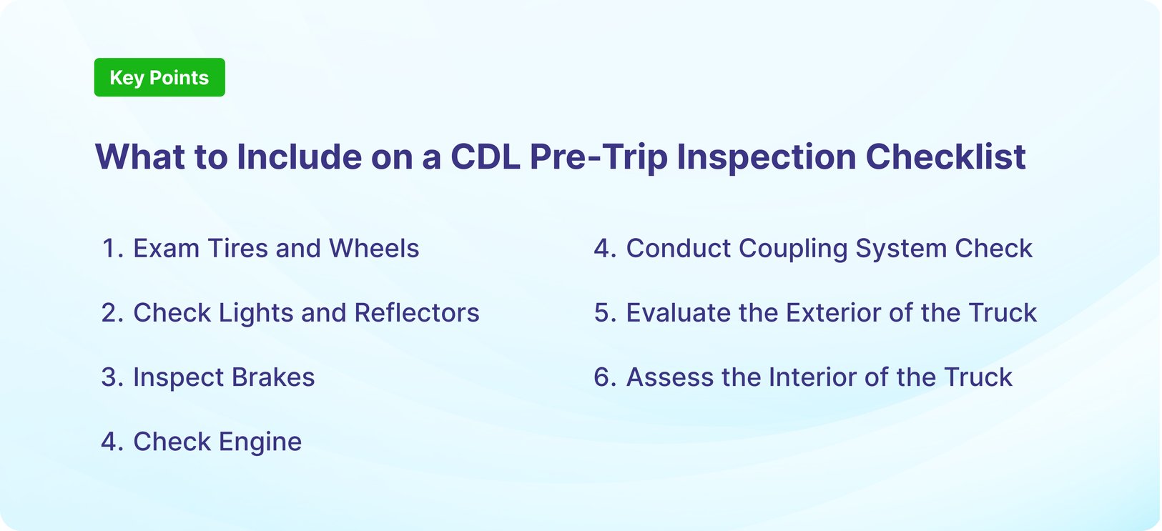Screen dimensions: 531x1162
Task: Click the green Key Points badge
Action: [159, 77]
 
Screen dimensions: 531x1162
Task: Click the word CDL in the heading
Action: [485, 157]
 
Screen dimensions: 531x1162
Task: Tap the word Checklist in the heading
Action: [945, 157]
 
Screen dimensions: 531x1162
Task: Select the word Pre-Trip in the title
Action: [598, 157]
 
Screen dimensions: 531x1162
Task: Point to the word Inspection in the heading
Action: [766, 157]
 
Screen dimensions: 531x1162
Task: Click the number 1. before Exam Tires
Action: [113, 249]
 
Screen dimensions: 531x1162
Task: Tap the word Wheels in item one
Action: [374, 249]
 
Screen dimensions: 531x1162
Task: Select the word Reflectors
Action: [417, 313]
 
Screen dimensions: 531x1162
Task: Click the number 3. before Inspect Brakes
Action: [113, 377]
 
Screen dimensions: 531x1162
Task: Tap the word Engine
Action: [260, 442]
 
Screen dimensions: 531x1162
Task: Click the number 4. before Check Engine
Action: [113, 442]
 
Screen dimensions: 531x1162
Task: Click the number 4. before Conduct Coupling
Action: [605, 249]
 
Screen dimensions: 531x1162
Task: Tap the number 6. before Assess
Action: [605, 377]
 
